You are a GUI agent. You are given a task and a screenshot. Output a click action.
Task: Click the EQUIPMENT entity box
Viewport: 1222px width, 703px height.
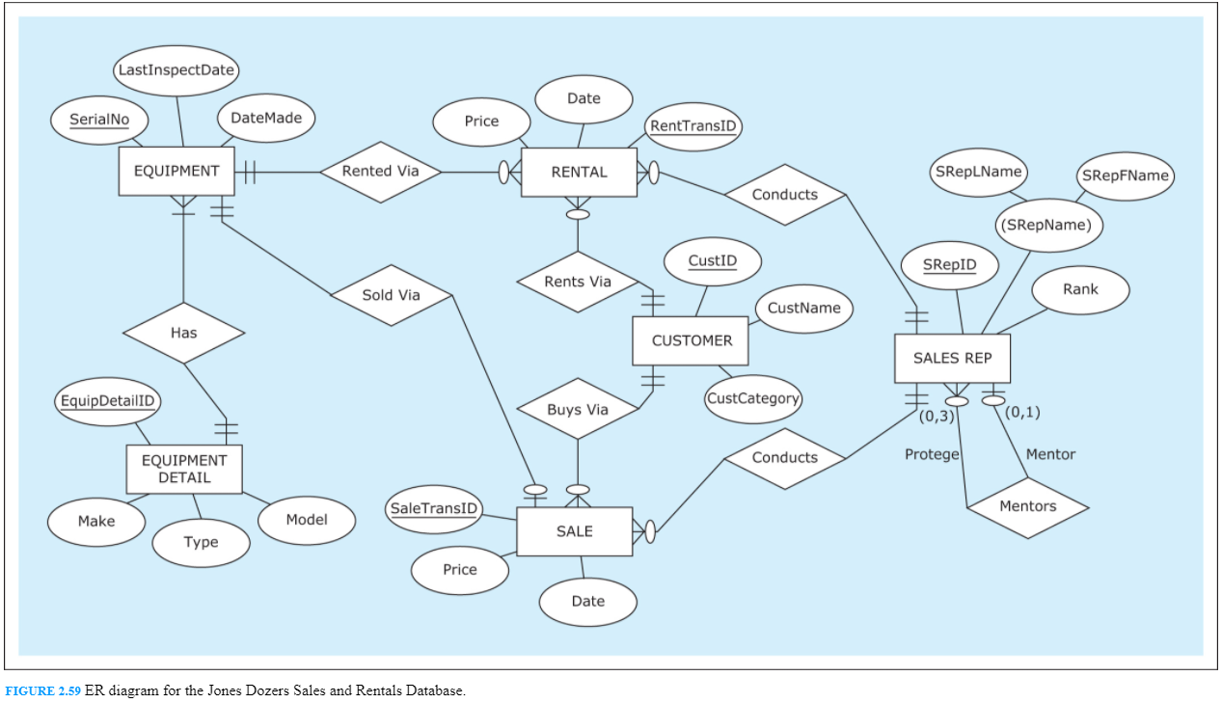pos(177,172)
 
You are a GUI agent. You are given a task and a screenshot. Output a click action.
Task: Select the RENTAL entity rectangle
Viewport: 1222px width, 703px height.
pos(579,173)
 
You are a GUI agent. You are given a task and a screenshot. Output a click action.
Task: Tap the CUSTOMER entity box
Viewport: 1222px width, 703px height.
pos(691,340)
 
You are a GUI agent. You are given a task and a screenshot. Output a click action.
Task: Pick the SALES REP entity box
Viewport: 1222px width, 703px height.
pos(951,358)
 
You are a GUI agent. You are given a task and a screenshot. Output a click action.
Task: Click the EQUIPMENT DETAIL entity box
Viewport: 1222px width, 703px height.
pos(184,469)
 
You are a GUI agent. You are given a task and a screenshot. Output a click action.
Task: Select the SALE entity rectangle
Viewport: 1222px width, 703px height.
pos(574,531)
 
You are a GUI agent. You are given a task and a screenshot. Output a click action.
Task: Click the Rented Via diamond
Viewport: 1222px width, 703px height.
pos(381,172)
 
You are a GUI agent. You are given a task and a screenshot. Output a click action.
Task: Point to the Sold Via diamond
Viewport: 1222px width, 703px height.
pos(391,295)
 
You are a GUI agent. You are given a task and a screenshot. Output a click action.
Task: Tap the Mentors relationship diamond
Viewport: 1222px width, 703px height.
pos(1027,506)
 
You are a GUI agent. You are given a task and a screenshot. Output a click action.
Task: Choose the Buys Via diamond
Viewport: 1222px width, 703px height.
pos(578,409)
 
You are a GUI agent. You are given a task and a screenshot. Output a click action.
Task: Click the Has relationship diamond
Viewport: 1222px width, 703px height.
pos(183,333)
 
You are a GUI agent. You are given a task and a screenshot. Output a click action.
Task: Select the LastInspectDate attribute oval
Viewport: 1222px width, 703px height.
pos(176,70)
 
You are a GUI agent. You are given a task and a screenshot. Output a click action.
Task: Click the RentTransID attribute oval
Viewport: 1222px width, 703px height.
pos(692,126)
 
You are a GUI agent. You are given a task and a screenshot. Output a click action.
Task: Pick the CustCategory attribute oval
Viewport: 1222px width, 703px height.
pos(752,399)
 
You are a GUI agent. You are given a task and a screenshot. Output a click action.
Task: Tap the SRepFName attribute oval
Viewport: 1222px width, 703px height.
pos(1125,176)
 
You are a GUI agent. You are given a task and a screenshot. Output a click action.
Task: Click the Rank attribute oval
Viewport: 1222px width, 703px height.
pos(1079,289)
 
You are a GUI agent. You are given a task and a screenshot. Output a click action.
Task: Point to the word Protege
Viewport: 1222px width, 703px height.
pos(932,454)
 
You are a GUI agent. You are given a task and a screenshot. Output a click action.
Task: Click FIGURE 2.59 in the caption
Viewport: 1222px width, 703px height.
pos(42,691)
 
